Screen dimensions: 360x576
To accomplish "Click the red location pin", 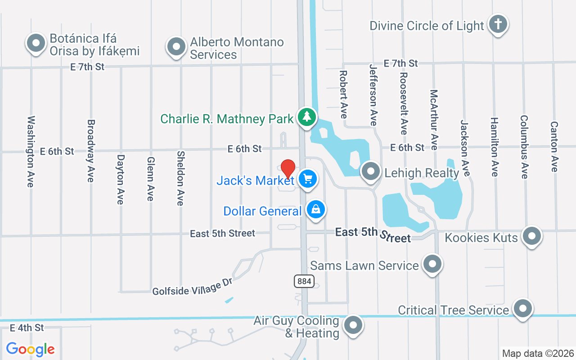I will point(288,169).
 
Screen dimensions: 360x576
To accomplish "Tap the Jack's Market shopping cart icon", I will point(308,179).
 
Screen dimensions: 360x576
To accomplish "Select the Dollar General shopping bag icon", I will point(316,210).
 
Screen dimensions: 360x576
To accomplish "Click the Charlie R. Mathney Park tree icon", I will point(307,117).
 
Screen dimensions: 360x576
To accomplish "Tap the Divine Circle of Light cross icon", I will point(498,23).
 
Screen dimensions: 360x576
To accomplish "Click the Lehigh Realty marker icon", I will point(371,171).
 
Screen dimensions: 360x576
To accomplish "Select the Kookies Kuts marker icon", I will point(532,235).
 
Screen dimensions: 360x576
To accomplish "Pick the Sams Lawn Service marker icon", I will point(432,264).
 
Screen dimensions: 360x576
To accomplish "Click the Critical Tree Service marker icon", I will point(523,309).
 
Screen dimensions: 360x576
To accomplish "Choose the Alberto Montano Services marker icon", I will point(176,46).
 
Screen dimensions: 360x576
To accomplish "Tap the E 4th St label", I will point(27,328).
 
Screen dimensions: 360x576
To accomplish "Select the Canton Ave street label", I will point(554,147).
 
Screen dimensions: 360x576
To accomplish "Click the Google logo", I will point(31,349).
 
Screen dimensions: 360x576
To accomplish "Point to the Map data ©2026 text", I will point(538,353).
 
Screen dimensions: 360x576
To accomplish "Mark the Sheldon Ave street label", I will point(180,178).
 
